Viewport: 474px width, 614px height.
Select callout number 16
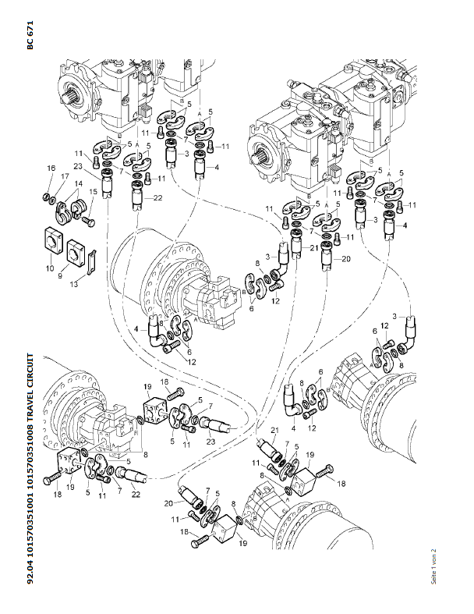[51, 169]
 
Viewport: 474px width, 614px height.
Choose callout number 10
[51, 268]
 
